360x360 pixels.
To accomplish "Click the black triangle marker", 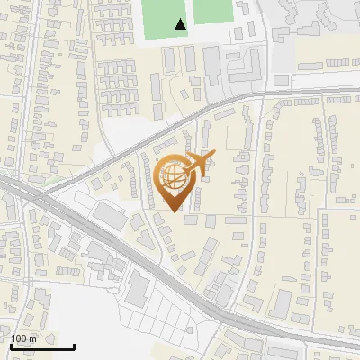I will (181, 24).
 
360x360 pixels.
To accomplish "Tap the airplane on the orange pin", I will (199, 163).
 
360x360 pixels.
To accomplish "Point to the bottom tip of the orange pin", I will (175, 211).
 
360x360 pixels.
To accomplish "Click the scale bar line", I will (42, 346).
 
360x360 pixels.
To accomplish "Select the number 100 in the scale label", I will (19, 338).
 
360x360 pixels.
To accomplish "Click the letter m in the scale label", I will (32, 338).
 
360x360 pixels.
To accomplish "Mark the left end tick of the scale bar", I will (11, 345).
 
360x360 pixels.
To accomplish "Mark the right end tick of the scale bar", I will (74, 345).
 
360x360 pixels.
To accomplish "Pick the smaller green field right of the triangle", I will (212, 11).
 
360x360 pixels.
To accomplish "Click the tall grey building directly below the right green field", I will (212, 63).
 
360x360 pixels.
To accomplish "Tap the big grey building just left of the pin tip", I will (112, 216).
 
